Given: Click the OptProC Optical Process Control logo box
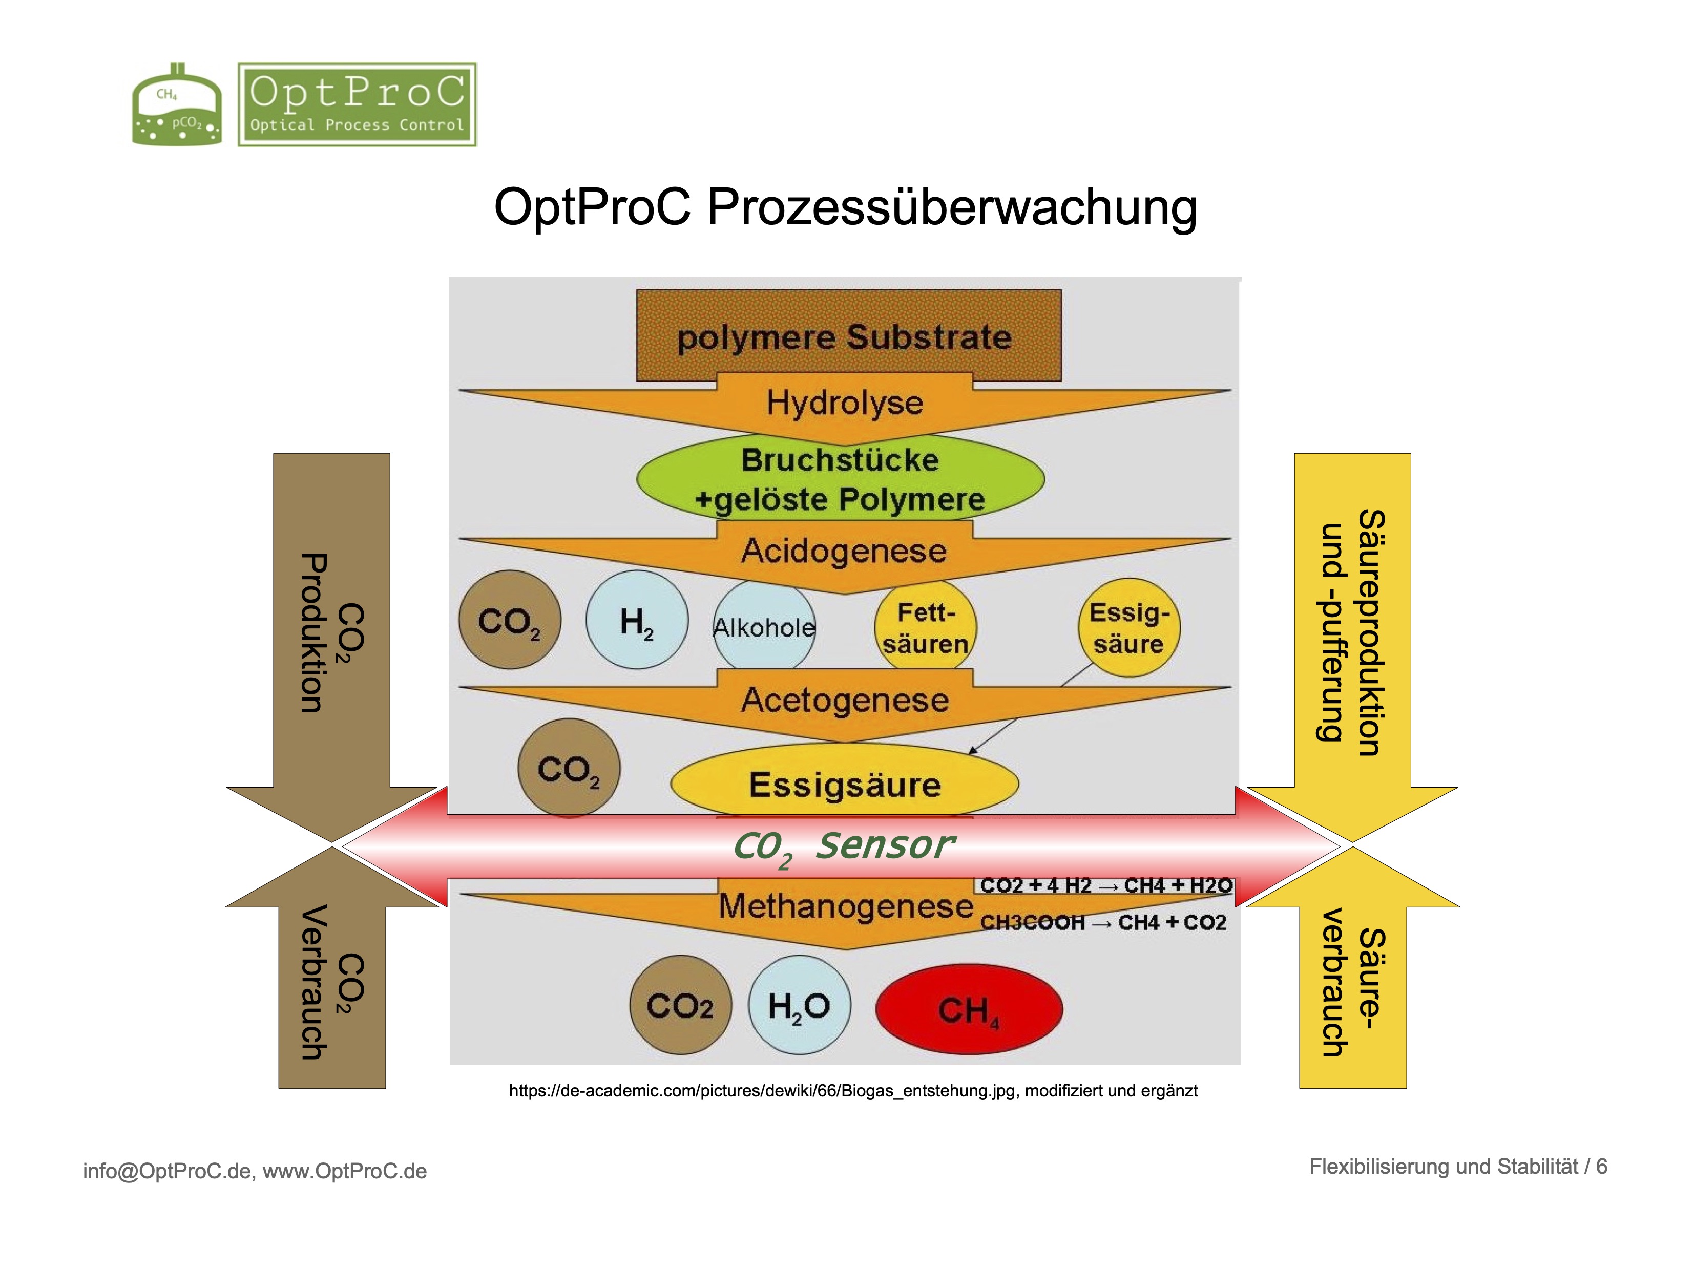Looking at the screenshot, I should (x=357, y=105).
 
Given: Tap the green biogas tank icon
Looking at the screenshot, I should (x=177, y=107).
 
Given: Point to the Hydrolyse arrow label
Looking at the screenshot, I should (x=845, y=403).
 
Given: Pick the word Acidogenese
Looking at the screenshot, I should (x=844, y=551).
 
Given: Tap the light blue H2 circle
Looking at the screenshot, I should (x=636, y=621).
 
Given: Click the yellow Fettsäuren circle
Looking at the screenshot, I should (x=925, y=628).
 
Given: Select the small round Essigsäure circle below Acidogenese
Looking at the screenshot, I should (x=1129, y=628).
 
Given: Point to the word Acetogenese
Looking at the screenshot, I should (x=845, y=700).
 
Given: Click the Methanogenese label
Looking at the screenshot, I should (x=846, y=907).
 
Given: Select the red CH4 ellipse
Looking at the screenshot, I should (x=969, y=1009).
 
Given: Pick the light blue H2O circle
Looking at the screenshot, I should (x=799, y=1006).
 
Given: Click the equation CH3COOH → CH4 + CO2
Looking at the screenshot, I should (x=1103, y=922).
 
